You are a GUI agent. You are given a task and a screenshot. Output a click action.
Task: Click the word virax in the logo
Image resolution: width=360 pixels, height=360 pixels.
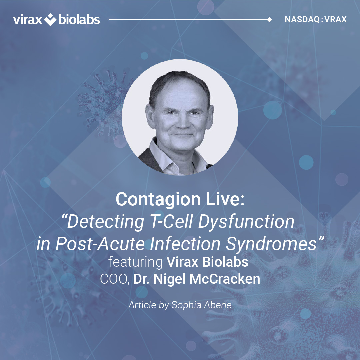[x=28, y=20]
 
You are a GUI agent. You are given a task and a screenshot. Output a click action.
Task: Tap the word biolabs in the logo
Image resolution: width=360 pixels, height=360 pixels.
[x=79, y=19]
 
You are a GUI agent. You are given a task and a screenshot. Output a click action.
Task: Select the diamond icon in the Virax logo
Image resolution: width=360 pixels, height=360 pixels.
[x=50, y=20]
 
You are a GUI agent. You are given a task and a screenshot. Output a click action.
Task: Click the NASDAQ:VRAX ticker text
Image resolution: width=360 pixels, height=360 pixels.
[x=316, y=19]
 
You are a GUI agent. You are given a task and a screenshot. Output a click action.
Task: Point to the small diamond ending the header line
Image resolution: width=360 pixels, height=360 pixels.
[x=270, y=20]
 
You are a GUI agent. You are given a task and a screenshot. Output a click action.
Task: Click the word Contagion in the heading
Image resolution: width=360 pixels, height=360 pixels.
[x=158, y=200]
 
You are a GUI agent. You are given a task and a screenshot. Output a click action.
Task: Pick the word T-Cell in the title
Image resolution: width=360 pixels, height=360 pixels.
[x=171, y=222]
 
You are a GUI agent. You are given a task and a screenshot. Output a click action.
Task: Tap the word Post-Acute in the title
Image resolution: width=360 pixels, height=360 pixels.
[x=100, y=243]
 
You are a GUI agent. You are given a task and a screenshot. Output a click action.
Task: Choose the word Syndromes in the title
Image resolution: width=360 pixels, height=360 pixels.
[x=271, y=244]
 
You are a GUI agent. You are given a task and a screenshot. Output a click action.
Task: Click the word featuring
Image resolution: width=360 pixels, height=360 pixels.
[x=135, y=262]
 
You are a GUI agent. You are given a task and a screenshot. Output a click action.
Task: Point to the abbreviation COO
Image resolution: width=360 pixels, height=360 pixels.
[x=114, y=279]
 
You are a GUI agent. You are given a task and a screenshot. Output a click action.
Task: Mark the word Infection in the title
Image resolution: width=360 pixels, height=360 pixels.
[x=185, y=243]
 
